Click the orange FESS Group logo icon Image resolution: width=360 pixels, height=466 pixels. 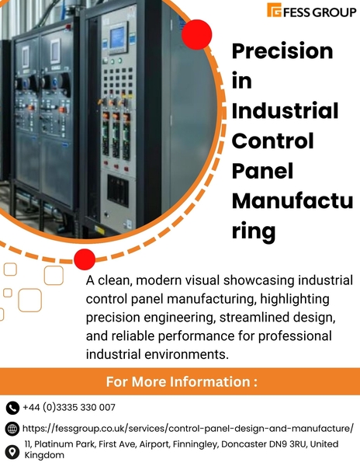(x=274, y=10)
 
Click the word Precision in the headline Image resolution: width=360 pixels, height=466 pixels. (x=282, y=51)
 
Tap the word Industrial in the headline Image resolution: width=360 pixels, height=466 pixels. (x=286, y=111)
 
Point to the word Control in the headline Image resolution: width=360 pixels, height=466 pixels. (x=273, y=141)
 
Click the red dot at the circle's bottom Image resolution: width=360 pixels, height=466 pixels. (x=85, y=259)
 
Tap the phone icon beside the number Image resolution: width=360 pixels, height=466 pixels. (x=12, y=408)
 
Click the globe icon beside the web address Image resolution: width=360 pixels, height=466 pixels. (x=12, y=429)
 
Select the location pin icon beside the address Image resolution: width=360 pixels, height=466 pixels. (x=12, y=450)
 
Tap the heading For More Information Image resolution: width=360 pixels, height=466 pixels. (x=181, y=382)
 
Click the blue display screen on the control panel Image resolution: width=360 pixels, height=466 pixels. (x=118, y=37)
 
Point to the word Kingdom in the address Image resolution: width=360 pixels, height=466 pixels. (x=44, y=455)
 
